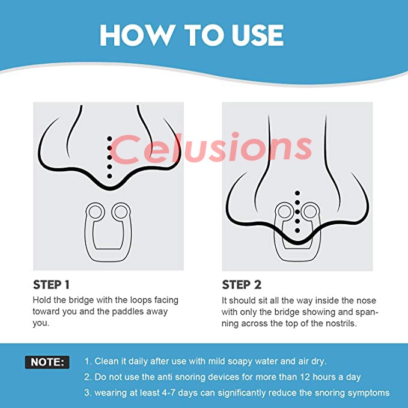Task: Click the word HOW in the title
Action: click(137, 35)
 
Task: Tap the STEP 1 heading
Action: click(51, 285)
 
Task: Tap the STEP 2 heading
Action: click(242, 285)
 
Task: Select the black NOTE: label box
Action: click(47, 362)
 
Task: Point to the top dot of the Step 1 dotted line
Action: click(109, 139)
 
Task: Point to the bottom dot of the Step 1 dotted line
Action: click(109, 176)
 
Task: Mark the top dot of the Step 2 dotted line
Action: click(297, 193)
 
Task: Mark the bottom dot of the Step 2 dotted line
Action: click(297, 231)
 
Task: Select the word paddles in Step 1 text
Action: click(127, 312)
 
